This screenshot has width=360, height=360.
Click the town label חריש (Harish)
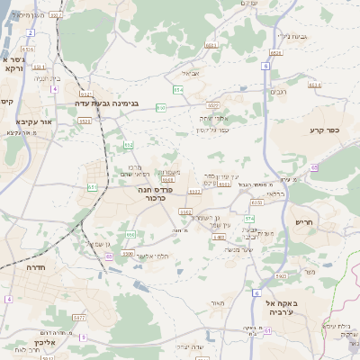point(306,221)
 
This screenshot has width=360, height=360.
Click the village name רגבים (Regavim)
point(280,91)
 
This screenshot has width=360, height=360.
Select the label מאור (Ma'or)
point(217,302)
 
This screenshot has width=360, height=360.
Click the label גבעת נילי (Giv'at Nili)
point(293,36)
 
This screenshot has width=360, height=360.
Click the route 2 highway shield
point(30,31)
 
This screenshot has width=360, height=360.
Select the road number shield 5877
point(79,317)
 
